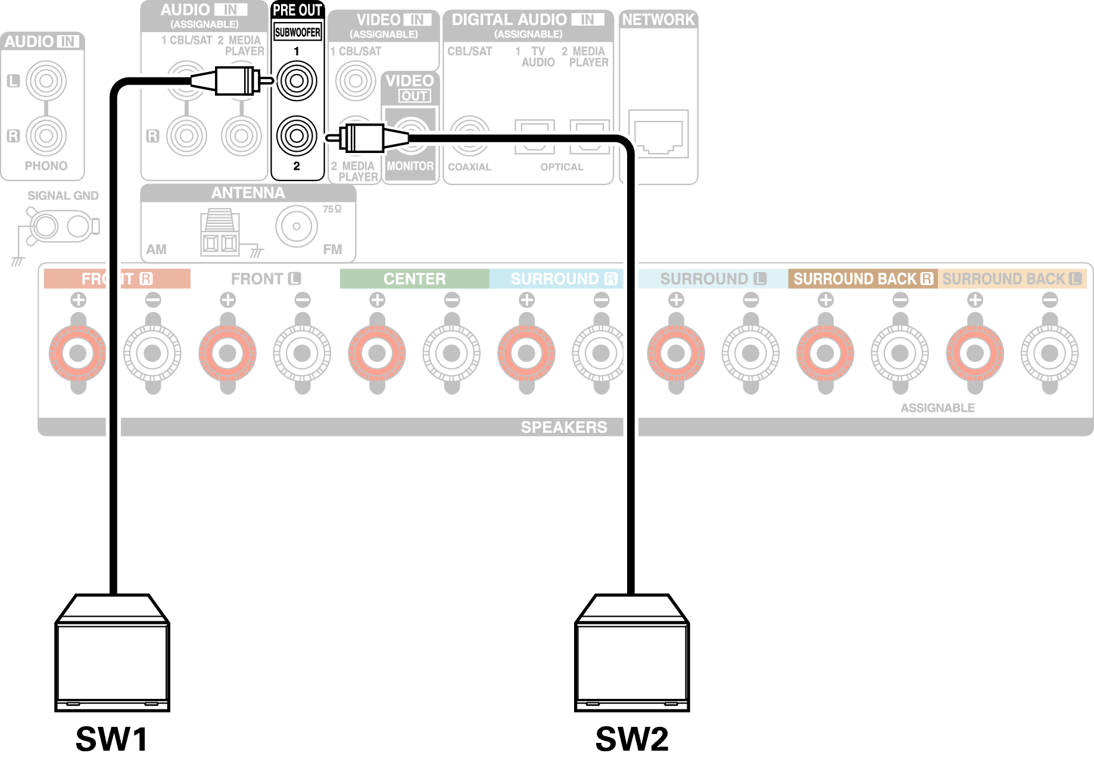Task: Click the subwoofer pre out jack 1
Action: [297, 81]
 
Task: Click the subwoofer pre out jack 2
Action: [297, 136]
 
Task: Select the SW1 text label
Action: [112, 739]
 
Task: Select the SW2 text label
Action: [632, 739]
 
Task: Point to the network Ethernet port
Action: [658, 135]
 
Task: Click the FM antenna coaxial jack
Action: [296, 226]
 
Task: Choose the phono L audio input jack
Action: [46, 81]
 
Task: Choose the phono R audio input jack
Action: [46, 136]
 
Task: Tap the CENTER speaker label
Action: [414, 279]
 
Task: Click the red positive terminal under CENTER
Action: [377, 353]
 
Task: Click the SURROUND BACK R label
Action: [862, 279]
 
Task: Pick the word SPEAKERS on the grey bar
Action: [563, 427]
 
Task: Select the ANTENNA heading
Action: [248, 193]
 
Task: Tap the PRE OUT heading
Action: [297, 10]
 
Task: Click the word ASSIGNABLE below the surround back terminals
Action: [937, 408]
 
